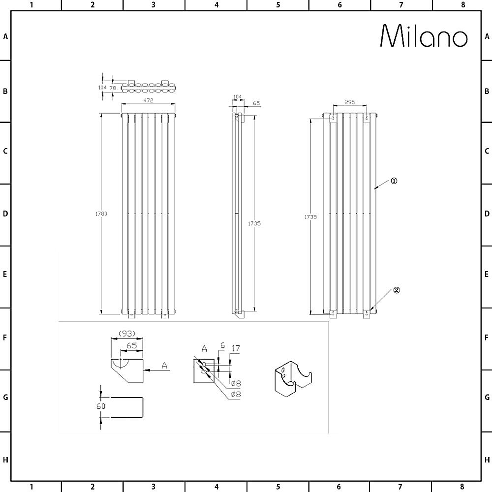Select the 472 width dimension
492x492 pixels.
(148, 100)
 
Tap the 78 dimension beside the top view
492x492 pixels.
(113, 88)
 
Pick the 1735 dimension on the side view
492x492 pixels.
(254, 223)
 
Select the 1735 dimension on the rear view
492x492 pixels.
(310, 216)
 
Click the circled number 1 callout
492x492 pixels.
(394, 181)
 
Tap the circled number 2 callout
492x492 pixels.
(396, 290)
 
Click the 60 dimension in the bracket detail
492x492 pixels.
(101, 406)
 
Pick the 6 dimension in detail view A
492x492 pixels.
(222, 346)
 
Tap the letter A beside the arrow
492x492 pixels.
(164, 365)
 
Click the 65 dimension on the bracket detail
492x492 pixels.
(131, 346)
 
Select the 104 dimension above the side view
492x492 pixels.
(237, 97)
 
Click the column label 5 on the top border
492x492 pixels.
(278, 5)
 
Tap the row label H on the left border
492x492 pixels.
(5, 460)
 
